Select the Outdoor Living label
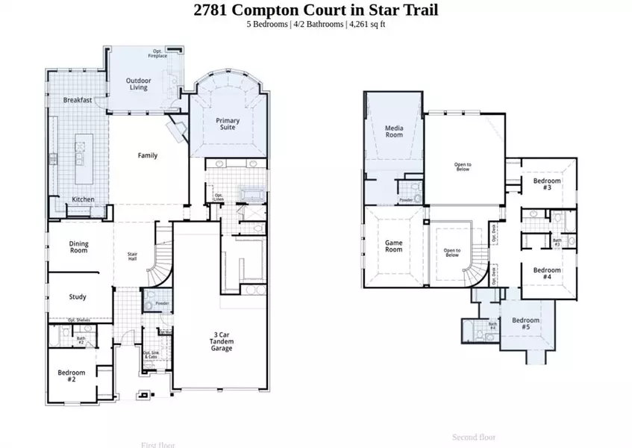pos(137,84)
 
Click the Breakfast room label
pos(78,100)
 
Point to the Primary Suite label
pos(228,123)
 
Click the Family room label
pos(147,156)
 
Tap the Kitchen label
pos(83,199)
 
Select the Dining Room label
pos(78,247)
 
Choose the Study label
pos(78,296)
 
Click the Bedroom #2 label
pos(72,376)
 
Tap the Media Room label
pos(394,131)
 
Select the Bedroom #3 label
pos(547,184)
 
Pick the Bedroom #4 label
pos(547,273)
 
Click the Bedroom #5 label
pos(525,324)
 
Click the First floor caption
pos(158,444)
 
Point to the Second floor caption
pos(474,437)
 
